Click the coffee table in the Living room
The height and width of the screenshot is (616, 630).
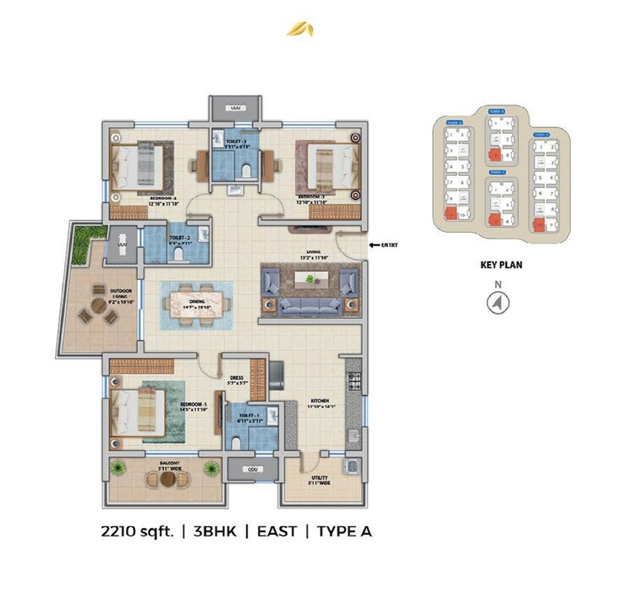point(309,280)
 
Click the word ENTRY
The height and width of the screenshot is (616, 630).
point(389,245)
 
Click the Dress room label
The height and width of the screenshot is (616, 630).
point(238,380)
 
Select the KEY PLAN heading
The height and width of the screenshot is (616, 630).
point(501,265)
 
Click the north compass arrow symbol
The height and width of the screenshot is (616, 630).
point(500,302)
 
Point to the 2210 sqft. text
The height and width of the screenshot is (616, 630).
point(137,531)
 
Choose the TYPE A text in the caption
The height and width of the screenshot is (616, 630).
point(344,531)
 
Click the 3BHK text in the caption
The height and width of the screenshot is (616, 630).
point(216,531)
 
